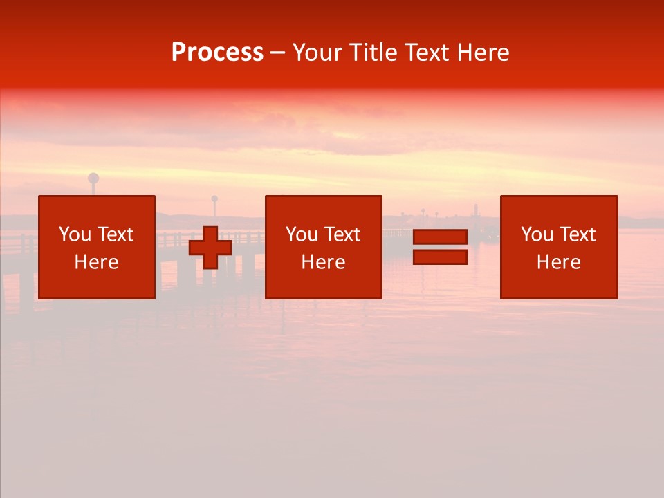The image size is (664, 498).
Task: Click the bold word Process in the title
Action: (217, 53)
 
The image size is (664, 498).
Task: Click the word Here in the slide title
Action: (484, 53)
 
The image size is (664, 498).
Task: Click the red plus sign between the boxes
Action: (210, 248)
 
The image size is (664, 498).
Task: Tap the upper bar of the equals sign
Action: (440, 237)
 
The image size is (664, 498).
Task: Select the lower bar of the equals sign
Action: (440, 257)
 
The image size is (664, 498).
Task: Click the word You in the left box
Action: (75, 234)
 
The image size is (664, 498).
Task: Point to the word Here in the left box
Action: (96, 262)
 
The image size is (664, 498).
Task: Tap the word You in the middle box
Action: (302, 234)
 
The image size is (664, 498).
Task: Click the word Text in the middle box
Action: (342, 234)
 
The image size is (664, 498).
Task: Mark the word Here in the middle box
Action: (323, 262)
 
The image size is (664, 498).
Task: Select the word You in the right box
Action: (537, 234)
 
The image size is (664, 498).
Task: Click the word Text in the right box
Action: (577, 234)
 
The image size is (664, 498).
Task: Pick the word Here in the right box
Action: (558, 262)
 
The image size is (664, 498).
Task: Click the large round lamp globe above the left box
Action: (93, 178)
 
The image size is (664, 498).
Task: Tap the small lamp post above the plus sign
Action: (214, 201)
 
